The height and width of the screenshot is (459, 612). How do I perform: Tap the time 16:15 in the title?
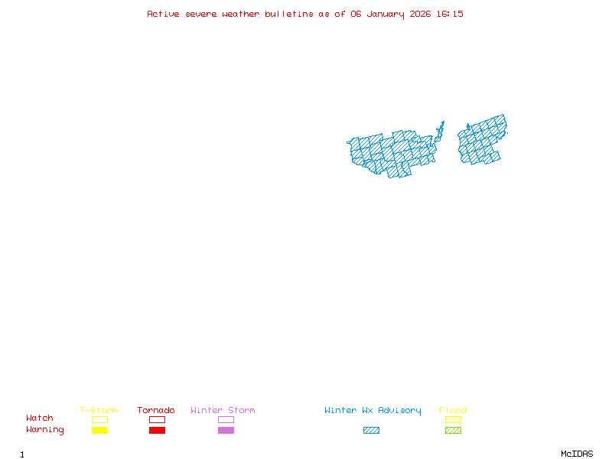click(x=451, y=14)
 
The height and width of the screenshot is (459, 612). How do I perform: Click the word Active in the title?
click(x=163, y=14)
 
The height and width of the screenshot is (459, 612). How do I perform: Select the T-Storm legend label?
click(x=99, y=411)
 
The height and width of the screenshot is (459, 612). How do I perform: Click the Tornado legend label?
click(x=156, y=411)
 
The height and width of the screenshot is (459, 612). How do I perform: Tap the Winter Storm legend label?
click(x=223, y=411)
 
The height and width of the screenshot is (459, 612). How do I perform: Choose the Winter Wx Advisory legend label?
click(x=373, y=411)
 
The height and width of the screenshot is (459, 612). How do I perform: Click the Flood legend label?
click(x=453, y=411)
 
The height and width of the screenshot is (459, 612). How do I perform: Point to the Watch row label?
click(x=40, y=418)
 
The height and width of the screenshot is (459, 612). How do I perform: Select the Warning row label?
click(x=45, y=430)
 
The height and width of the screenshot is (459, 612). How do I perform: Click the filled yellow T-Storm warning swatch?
click(x=99, y=431)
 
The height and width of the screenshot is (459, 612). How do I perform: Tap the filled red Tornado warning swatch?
click(x=157, y=431)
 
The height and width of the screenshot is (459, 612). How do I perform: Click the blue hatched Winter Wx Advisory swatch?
click(x=371, y=431)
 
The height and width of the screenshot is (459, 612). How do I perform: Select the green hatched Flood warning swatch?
click(x=453, y=431)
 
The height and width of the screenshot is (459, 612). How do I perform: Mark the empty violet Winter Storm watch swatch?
click(x=226, y=419)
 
